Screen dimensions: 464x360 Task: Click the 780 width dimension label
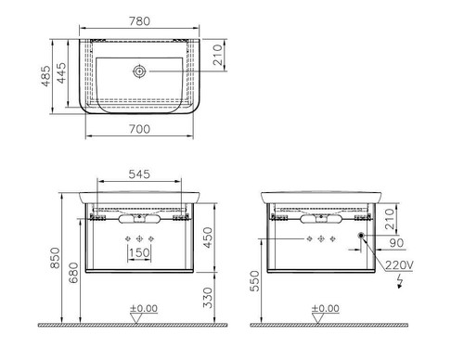click(139, 21)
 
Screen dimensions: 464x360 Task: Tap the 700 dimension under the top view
click(139, 129)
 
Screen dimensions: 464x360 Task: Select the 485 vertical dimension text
click(46, 76)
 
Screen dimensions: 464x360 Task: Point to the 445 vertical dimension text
click(61, 73)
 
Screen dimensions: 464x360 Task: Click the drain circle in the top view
click(139, 71)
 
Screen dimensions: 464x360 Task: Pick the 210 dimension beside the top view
click(218, 55)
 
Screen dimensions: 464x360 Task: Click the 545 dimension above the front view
click(139, 174)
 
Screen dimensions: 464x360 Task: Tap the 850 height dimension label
click(55, 258)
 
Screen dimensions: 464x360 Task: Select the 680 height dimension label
click(73, 273)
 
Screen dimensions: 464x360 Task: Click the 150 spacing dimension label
click(139, 252)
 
